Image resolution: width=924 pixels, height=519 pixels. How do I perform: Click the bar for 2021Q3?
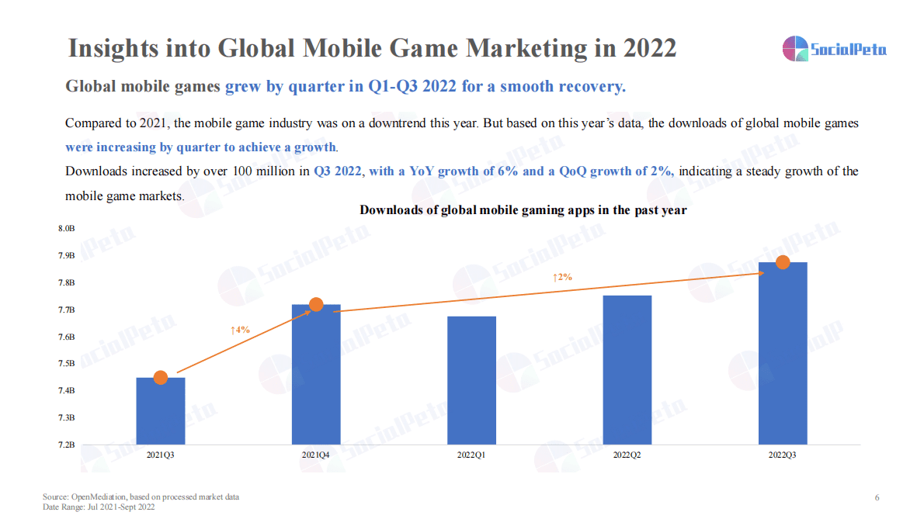161,411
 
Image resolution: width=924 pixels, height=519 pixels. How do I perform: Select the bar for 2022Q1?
471,380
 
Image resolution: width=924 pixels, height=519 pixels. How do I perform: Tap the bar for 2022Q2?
627,370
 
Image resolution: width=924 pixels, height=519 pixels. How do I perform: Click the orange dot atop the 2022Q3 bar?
783,262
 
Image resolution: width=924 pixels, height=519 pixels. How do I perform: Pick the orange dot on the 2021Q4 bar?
316,305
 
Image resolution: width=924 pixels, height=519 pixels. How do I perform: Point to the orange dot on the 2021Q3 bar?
161,378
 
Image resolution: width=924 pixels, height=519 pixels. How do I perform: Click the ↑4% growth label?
240,330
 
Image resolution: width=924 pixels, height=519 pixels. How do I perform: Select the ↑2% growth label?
562,277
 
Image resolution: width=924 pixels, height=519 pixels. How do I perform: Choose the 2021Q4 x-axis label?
316,455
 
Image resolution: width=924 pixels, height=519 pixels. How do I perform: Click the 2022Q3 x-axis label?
782,455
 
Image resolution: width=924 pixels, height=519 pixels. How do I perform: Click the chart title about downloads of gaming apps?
523,210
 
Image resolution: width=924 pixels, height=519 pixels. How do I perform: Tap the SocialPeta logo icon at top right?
794,49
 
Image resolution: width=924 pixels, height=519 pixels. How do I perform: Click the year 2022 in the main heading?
649,48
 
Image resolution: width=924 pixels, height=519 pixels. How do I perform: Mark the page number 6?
877,497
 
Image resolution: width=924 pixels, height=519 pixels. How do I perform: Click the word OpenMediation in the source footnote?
97,497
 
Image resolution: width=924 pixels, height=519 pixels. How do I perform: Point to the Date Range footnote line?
99,507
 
